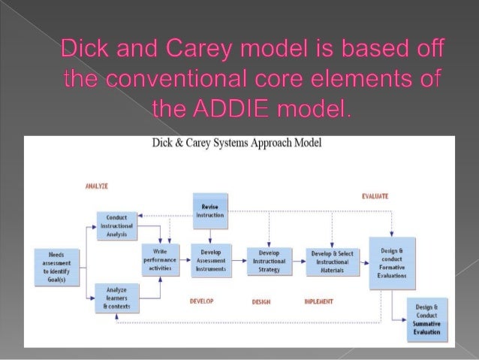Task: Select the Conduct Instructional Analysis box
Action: [x=116, y=224]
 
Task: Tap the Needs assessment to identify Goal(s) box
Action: [x=57, y=265]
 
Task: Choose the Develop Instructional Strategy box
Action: [x=269, y=259]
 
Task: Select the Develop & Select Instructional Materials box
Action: [x=331, y=259]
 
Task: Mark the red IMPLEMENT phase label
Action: [x=319, y=301]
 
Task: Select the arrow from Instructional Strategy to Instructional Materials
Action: [x=298, y=260]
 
